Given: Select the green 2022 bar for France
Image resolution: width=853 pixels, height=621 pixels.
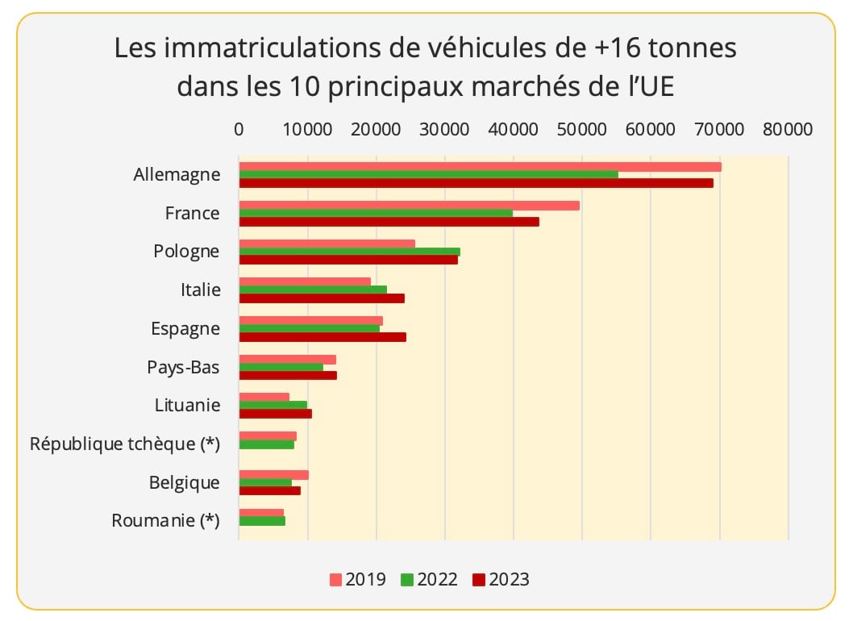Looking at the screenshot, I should (x=376, y=214).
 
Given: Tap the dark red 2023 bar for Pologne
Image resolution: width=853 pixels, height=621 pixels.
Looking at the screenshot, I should (x=348, y=260).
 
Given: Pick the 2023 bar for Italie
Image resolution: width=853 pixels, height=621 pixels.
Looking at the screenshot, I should (x=322, y=298).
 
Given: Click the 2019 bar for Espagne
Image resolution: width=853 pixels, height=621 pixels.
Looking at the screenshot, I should (x=310, y=321).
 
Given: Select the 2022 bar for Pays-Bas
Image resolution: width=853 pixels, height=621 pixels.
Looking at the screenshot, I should (x=281, y=368).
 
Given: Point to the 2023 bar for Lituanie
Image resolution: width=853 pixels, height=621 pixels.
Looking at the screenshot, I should (x=275, y=414).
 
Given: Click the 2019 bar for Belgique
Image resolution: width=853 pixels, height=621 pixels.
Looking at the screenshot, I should (x=273, y=475).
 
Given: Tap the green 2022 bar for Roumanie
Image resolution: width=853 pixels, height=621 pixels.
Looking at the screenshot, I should (x=262, y=521).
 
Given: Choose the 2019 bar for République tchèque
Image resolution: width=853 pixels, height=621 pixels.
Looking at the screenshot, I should (x=268, y=436).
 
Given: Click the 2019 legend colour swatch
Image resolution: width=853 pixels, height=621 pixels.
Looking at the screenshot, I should (x=336, y=580).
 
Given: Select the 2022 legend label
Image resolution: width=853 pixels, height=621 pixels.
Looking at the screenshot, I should (x=438, y=580).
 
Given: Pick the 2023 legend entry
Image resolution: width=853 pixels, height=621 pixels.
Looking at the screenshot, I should (x=501, y=580).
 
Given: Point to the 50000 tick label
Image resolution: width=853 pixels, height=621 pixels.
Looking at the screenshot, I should (x=581, y=129).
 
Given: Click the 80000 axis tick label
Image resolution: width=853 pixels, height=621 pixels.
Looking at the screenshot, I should (x=788, y=129).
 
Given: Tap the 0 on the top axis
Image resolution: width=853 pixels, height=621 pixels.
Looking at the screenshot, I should (x=239, y=129).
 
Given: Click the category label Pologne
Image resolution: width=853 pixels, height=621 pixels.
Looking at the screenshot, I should (x=186, y=251).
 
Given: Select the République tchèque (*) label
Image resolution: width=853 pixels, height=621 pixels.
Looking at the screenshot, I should (x=125, y=444).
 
